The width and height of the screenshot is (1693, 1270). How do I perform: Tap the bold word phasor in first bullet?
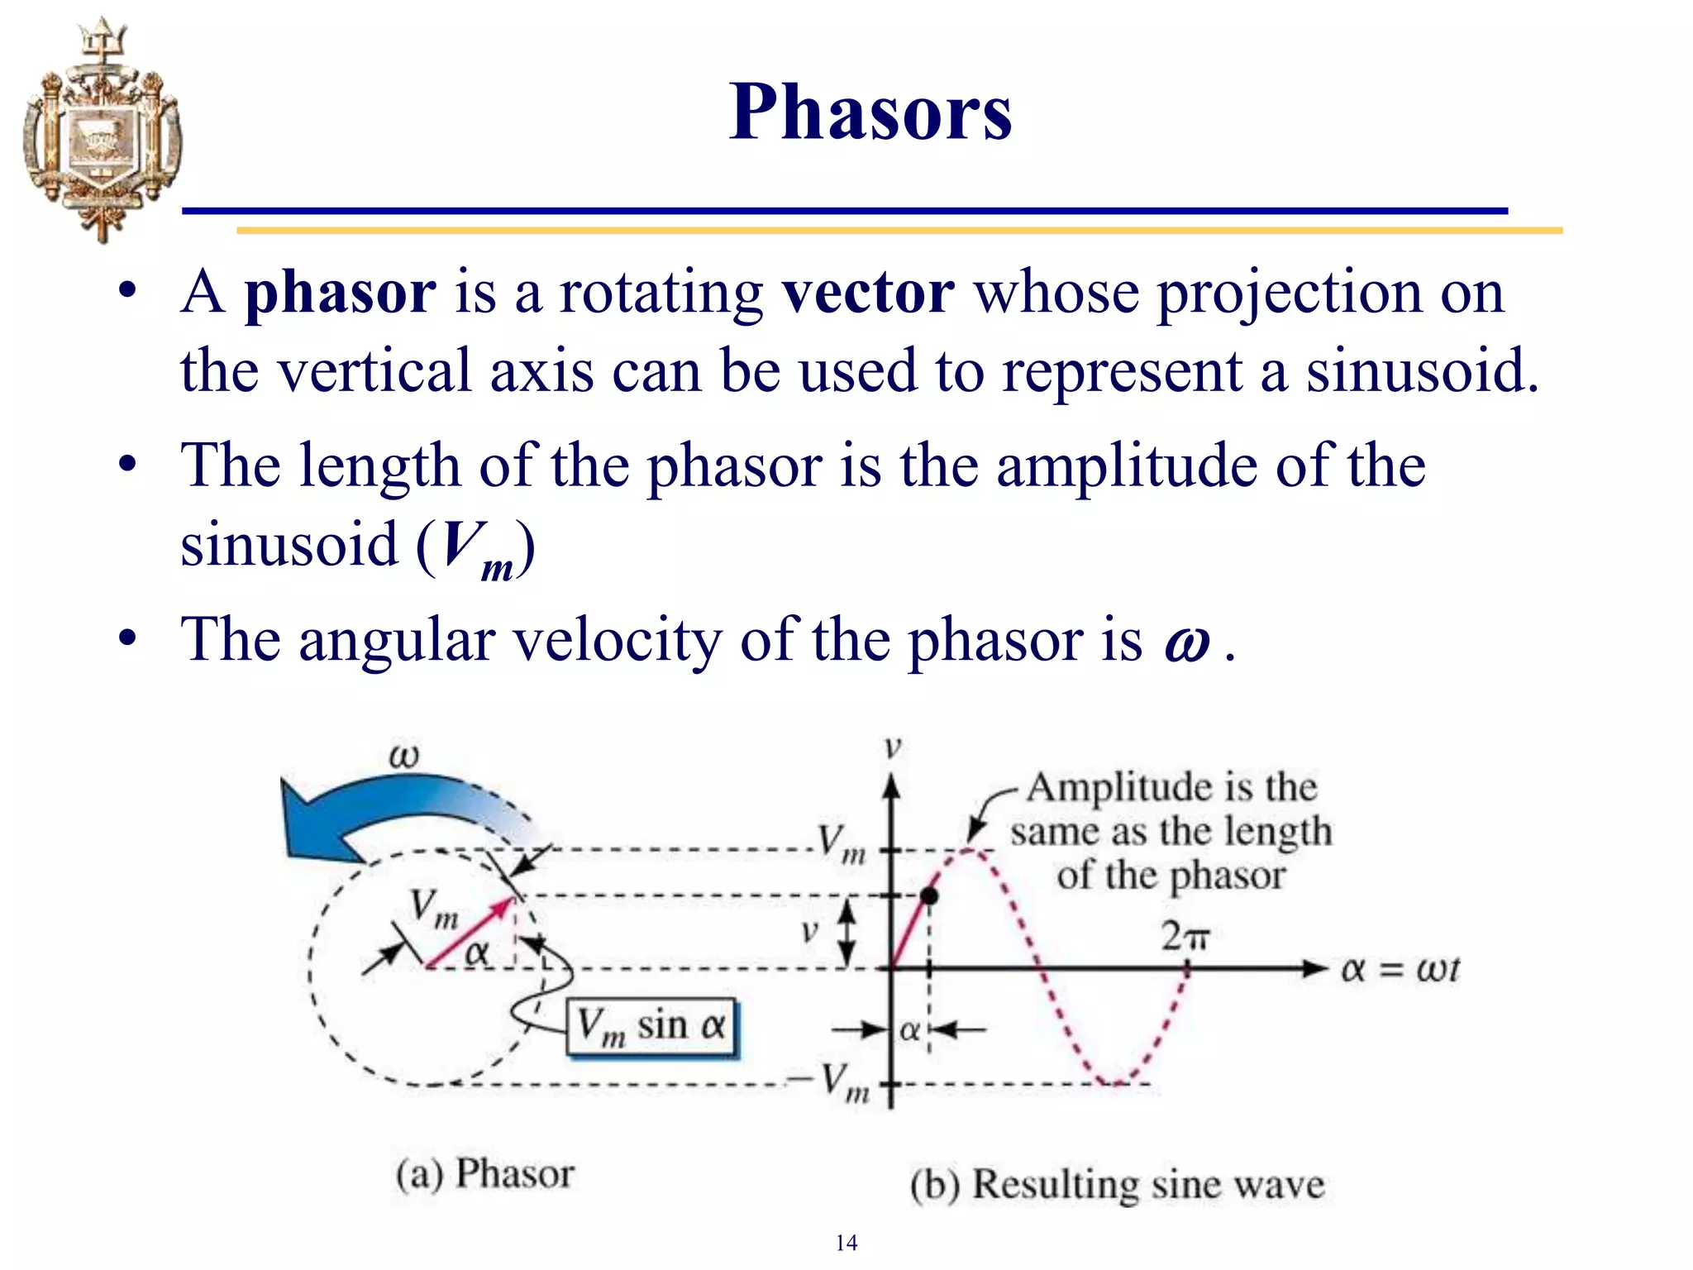[x=340, y=293]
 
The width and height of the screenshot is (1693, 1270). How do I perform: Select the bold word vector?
[x=868, y=293]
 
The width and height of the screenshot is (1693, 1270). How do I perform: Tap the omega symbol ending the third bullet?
[x=1187, y=642]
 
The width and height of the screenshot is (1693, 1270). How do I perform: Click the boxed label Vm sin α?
[x=651, y=1028]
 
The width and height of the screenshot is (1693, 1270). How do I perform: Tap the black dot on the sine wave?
[x=929, y=895]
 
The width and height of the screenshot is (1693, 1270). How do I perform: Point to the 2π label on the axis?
[x=1184, y=937]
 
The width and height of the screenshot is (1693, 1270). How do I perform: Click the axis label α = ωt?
[x=1400, y=969]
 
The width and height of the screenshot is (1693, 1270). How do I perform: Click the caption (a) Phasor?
[x=484, y=1174]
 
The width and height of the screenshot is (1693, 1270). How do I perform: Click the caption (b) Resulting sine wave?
[x=1117, y=1184]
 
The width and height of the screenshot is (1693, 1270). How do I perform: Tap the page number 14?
[x=846, y=1243]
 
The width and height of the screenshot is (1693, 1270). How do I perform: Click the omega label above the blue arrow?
[x=403, y=756]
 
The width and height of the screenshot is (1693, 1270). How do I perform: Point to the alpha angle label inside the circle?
[x=477, y=953]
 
